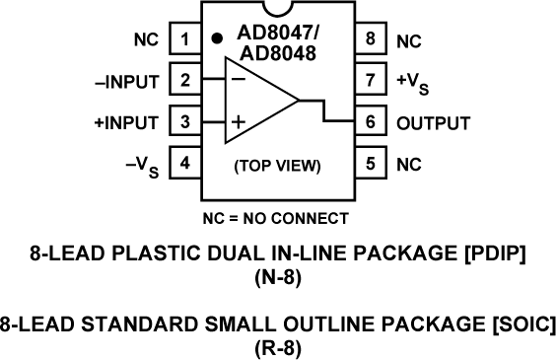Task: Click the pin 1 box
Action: (184, 41)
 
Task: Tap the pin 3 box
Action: (184, 122)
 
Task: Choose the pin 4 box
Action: (184, 163)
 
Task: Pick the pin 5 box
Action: (370, 163)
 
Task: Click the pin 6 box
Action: (370, 122)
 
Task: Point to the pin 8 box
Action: (370, 41)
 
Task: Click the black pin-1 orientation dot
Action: (216, 39)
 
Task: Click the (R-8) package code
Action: (277, 347)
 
